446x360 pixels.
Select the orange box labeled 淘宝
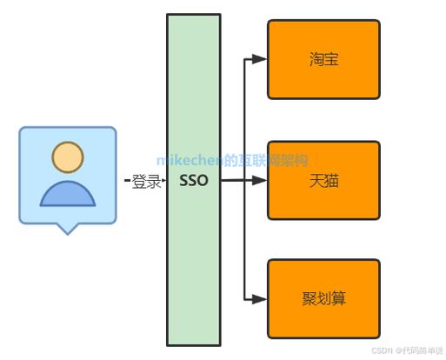(323, 59)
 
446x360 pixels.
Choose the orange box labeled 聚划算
(323, 298)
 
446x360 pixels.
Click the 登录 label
(147, 182)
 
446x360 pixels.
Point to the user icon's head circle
(67, 157)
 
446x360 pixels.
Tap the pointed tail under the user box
(67, 229)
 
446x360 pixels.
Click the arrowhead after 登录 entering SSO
(163, 182)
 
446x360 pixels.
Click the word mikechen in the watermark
(190, 160)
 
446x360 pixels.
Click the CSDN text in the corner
(382, 351)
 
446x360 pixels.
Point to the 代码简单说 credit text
(421, 351)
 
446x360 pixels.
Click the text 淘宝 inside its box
(323, 60)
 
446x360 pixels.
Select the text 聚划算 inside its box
(323, 299)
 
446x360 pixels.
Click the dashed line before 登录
(128, 182)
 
